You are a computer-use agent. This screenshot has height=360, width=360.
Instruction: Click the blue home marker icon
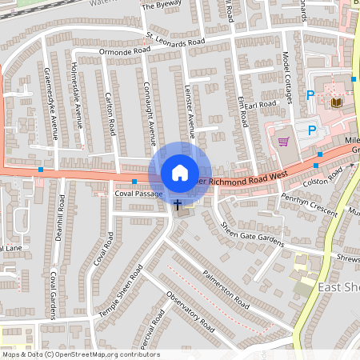click(180, 173)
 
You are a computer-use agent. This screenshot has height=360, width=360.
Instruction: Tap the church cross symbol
click(177, 205)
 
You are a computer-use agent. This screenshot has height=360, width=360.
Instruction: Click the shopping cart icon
click(283, 142)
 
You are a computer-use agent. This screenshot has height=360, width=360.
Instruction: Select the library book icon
click(335, 102)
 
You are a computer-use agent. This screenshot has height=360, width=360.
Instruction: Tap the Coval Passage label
click(138, 194)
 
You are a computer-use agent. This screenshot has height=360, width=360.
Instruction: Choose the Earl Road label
click(260, 105)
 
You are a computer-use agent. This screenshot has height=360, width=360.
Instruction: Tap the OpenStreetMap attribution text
click(80, 354)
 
